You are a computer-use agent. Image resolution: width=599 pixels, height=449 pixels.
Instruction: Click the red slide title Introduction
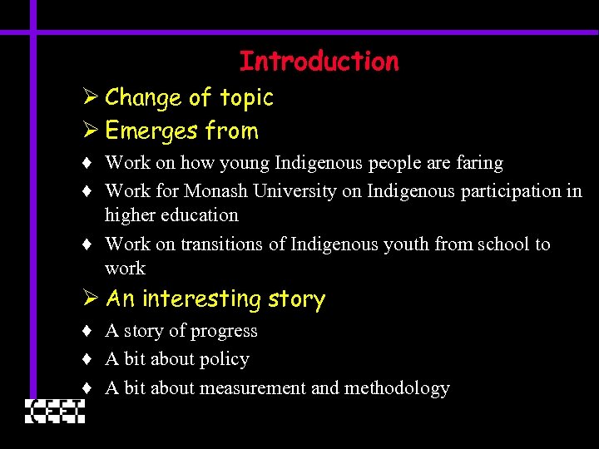319,62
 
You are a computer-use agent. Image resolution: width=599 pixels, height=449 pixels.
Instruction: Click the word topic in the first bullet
246,98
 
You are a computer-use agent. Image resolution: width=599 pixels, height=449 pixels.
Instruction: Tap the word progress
224,332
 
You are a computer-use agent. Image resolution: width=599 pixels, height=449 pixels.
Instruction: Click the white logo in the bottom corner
55,411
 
